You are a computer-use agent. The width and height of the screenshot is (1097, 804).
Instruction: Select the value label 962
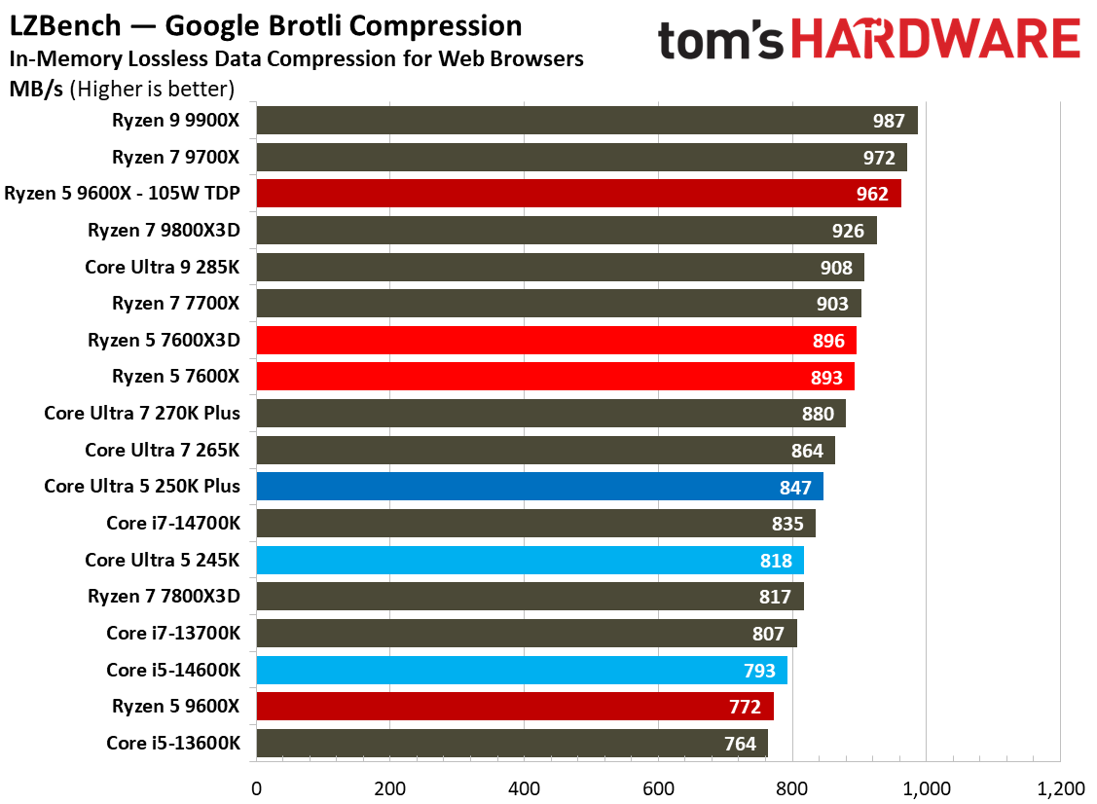point(872,194)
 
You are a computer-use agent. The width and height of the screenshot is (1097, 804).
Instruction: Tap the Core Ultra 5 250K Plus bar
point(539,486)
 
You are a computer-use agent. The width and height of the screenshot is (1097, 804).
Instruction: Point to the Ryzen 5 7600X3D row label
point(164,340)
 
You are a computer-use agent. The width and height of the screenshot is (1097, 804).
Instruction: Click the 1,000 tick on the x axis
point(926,786)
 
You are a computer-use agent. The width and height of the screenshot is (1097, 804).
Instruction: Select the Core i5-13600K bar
point(511,743)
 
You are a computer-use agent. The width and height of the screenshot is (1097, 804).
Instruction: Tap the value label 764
point(740,744)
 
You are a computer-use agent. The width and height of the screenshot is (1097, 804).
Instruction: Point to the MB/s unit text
point(37,90)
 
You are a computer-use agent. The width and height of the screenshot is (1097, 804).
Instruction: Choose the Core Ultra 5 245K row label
point(162,560)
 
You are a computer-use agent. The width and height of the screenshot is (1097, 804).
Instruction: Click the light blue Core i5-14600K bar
point(521,670)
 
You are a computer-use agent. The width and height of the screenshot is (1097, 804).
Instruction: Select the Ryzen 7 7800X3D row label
point(164,596)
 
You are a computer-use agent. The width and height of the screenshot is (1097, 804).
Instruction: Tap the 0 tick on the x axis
point(256,786)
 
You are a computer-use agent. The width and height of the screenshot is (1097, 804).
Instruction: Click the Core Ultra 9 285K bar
point(560,267)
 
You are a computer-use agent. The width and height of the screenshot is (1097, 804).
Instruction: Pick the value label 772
point(746,707)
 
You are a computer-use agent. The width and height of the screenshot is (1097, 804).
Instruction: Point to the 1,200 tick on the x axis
point(1058,786)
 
